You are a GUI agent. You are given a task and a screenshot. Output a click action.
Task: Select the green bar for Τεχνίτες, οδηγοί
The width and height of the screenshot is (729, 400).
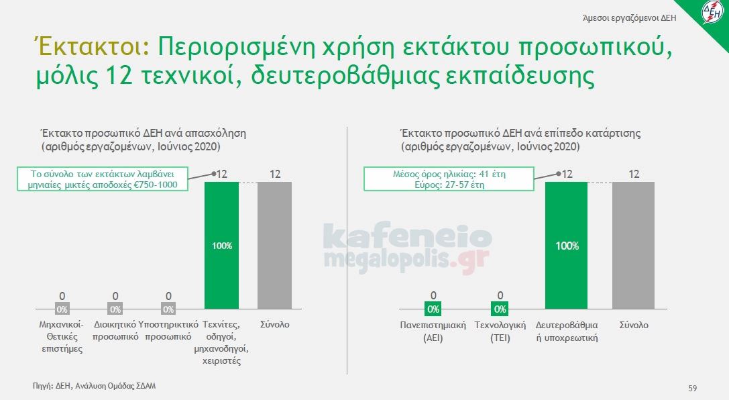click(221, 245)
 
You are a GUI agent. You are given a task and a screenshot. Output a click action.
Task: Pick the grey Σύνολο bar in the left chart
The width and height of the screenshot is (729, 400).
click(274, 245)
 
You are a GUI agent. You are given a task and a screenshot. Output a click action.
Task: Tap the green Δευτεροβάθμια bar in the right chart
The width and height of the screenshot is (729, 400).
click(567, 245)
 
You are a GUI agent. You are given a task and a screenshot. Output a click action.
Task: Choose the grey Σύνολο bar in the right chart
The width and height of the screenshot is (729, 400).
click(633, 245)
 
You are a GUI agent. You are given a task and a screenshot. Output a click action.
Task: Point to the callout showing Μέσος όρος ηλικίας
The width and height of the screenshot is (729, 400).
click(449, 179)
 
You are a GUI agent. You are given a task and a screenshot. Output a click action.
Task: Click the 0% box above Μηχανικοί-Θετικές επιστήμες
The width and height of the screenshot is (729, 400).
click(62, 309)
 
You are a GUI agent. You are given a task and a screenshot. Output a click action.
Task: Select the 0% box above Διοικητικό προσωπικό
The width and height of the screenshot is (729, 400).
click(115, 309)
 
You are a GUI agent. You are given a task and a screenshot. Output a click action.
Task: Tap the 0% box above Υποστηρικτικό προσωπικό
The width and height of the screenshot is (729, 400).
click(168, 309)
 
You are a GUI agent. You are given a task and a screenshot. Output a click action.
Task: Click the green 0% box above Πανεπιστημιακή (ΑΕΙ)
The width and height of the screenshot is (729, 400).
click(433, 309)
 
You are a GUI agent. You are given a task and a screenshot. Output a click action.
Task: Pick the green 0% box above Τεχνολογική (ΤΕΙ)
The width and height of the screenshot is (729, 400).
click(500, 309)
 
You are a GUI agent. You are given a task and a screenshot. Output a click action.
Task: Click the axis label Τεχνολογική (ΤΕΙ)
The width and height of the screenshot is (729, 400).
click(500, 332)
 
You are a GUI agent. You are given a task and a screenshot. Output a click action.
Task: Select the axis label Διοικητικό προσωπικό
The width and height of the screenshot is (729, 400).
click(115, 330)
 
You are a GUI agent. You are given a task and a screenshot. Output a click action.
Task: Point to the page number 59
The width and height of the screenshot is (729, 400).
click(693, 388)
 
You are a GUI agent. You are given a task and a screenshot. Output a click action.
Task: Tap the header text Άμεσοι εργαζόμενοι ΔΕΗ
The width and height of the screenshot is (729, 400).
click(637, 17)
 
